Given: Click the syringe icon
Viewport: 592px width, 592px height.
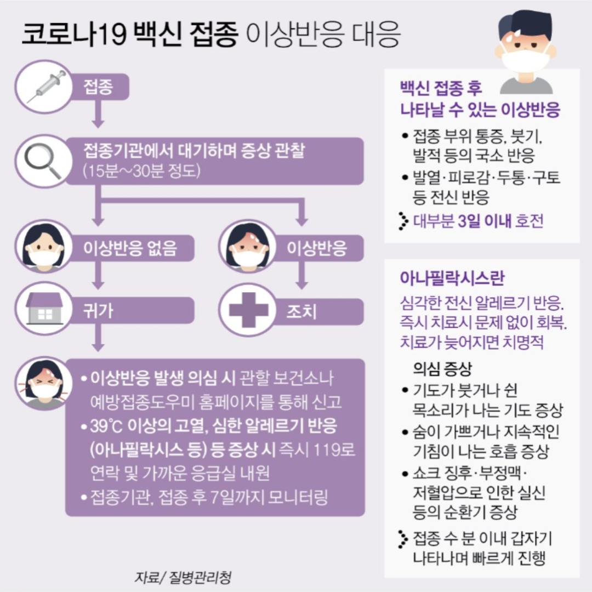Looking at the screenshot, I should click(x=45, y=87).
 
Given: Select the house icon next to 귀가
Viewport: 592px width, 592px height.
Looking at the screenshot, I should click(x=44, y=310).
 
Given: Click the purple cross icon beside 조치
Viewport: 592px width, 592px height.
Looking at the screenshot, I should click(x=248, y=311).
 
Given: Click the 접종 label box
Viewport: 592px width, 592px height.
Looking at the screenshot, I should click(x=99, y=87).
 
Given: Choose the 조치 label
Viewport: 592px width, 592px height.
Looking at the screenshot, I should click(x=301, y=311).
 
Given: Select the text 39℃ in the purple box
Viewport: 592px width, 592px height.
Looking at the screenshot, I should click(x=107, y=428).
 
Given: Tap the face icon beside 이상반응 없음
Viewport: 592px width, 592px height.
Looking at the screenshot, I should click(x=44, y=248).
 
